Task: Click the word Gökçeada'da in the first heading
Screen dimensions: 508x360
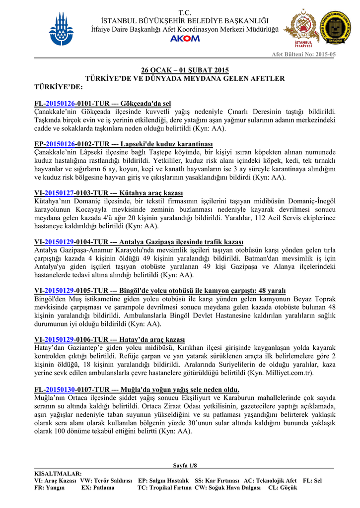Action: [140, 103]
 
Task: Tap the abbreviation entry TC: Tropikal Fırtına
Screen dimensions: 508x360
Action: [164, 488]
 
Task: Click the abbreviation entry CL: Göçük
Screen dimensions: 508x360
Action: [282, 488]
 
